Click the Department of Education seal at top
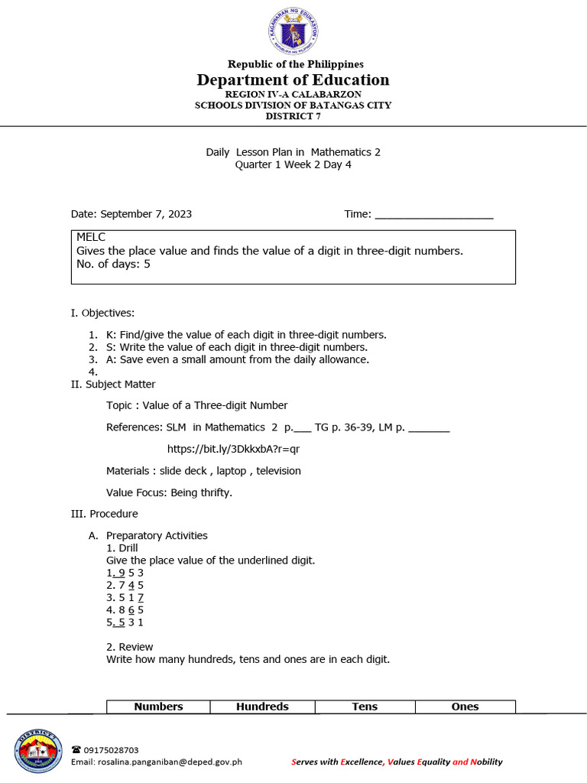293,31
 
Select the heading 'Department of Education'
293,80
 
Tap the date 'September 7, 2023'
146,214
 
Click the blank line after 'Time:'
433,215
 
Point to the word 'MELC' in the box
91,238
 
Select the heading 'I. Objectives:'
102,313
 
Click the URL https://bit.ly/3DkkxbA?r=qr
233,449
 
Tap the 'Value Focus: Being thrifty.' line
169,492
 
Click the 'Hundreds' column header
262,707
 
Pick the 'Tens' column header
365,707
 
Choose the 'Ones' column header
465,707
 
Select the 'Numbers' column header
158,707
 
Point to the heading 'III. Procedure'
104,514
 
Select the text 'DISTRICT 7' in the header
293,116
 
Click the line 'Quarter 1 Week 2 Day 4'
293,164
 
